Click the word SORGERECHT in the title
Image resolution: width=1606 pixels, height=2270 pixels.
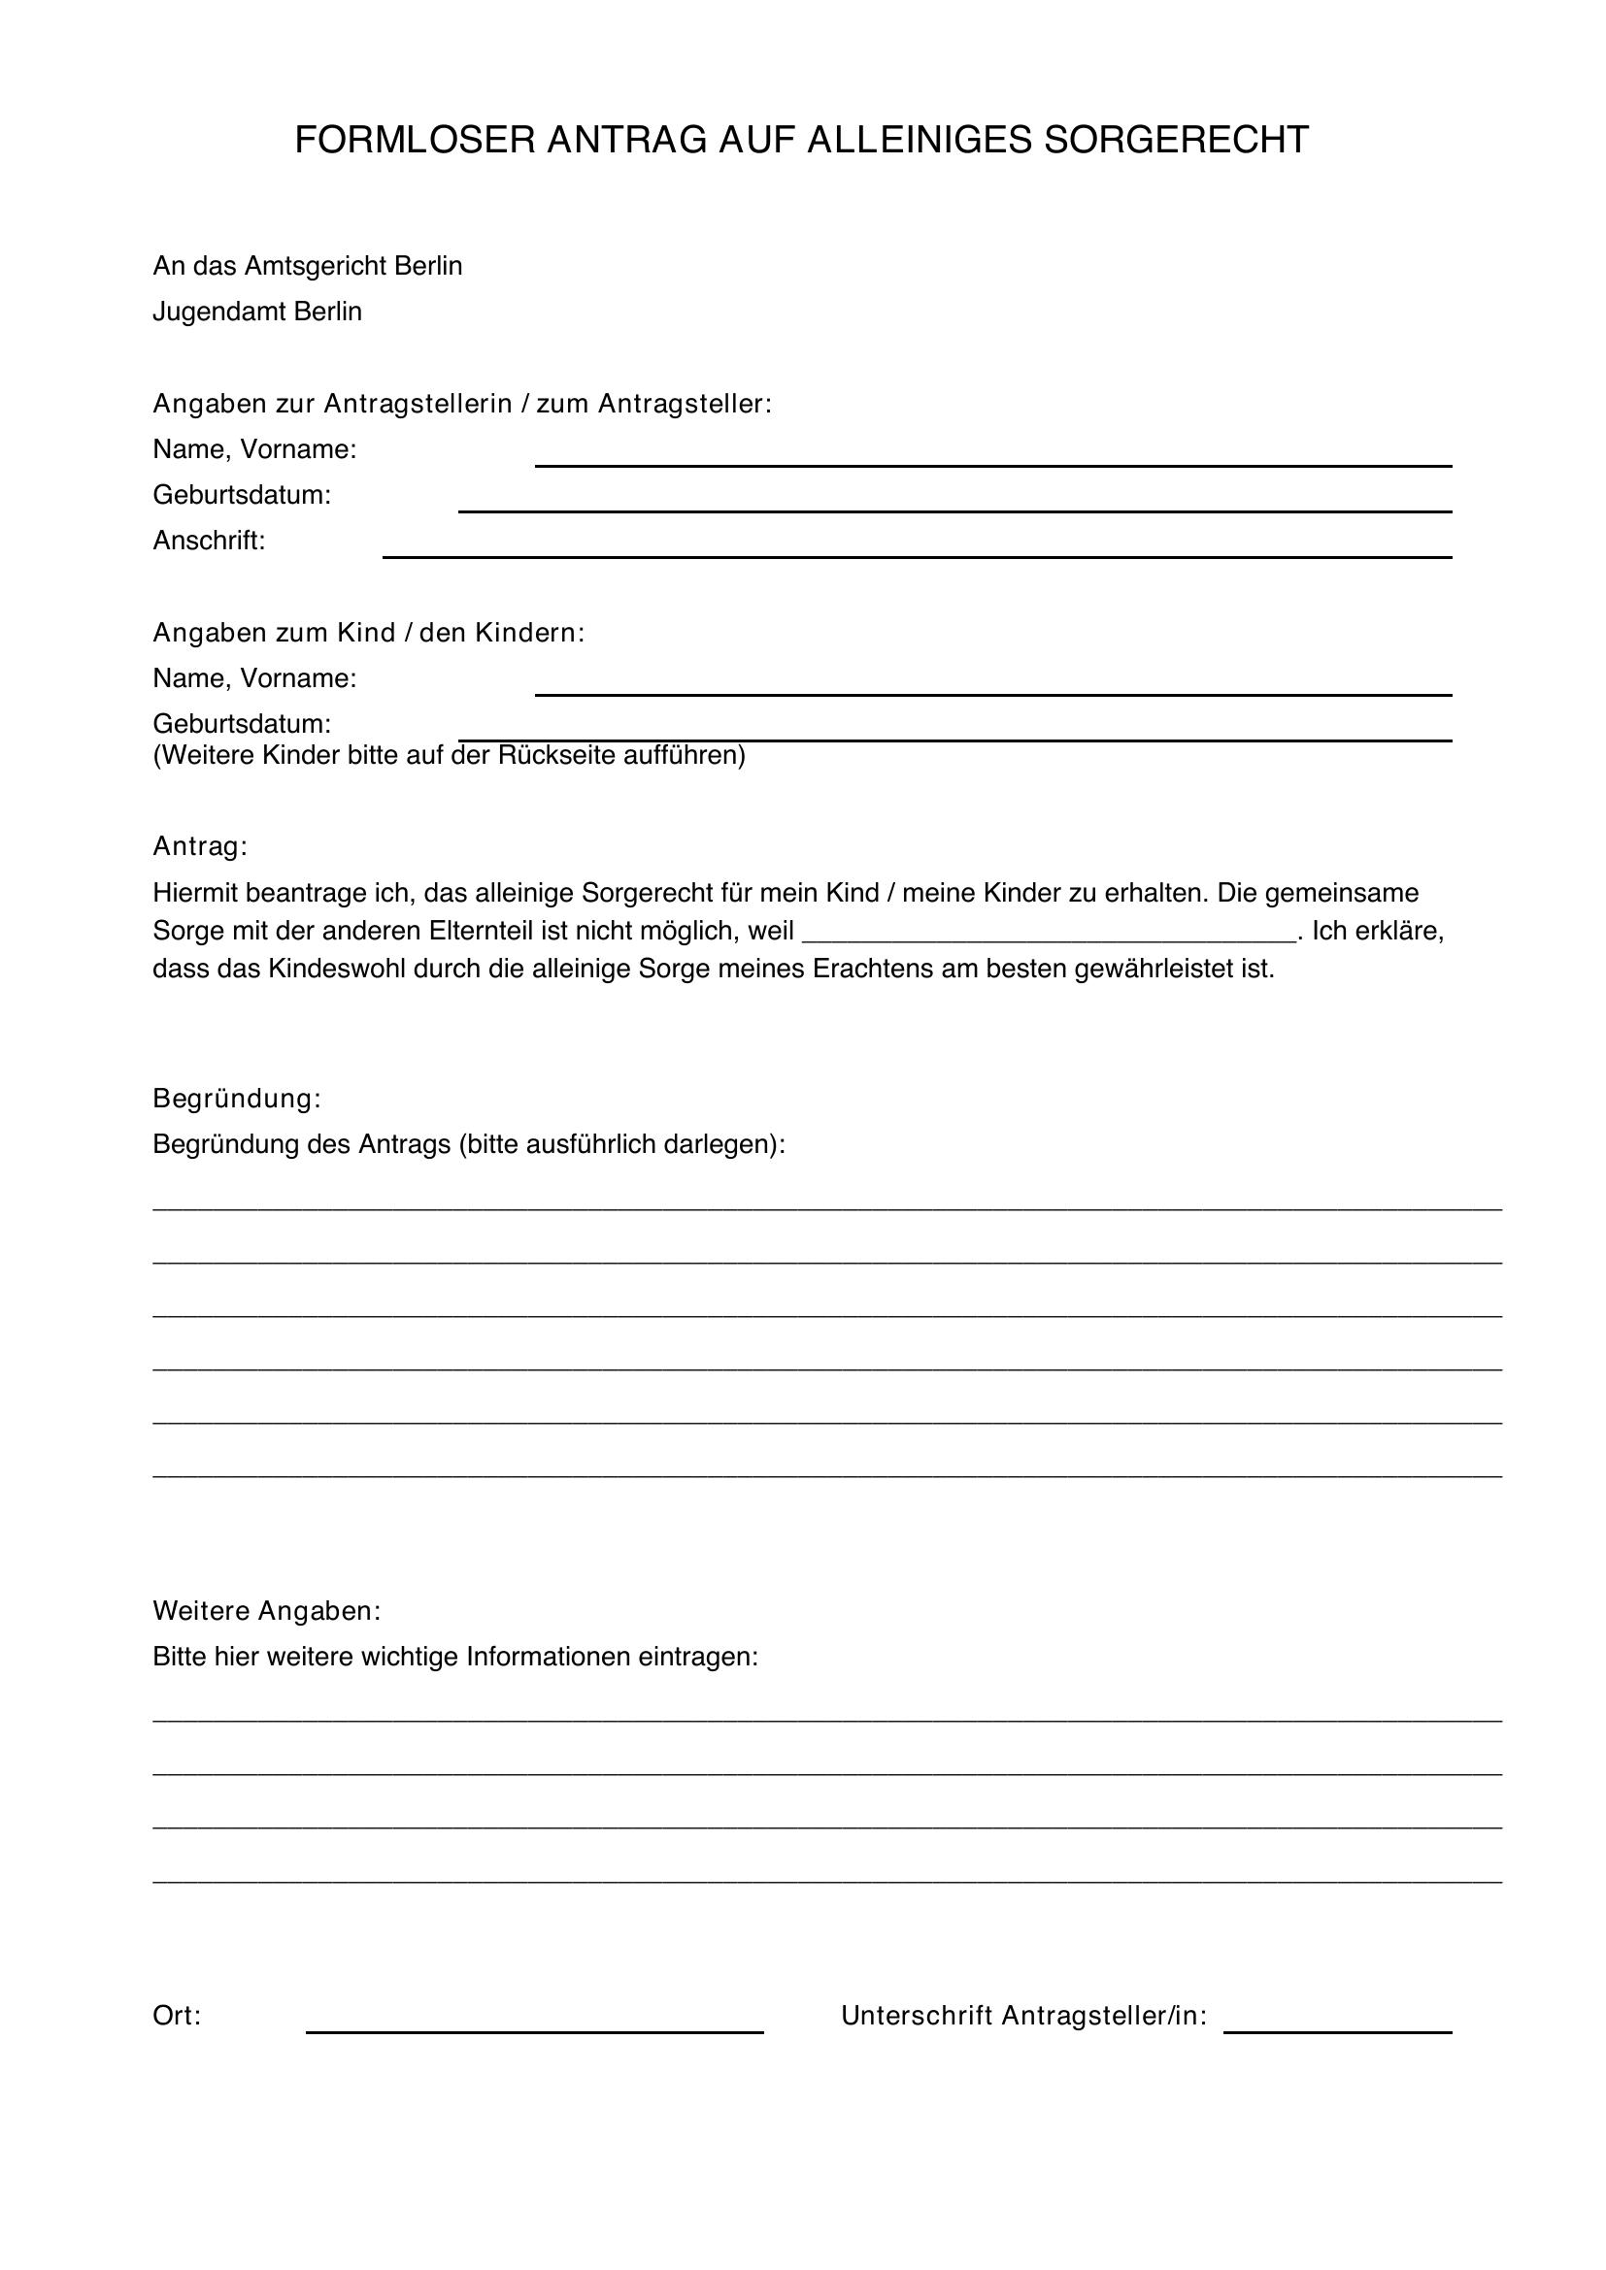(1176, 141)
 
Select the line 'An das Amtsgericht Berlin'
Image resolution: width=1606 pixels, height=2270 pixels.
(308, 266)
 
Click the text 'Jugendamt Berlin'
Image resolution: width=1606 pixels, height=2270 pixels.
(257, 312)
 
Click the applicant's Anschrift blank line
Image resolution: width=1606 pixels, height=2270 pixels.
(917, 553)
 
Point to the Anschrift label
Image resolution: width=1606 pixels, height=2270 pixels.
(209, 541)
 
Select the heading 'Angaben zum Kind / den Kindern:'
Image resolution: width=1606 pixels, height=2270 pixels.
(369, 633)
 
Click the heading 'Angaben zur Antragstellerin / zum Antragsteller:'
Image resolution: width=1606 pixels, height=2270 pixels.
(462, 404)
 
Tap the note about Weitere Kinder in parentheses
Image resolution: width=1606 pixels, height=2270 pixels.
(449, 755)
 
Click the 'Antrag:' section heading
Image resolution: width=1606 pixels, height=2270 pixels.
(200, 846)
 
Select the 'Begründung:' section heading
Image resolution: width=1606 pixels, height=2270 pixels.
(237, 1099)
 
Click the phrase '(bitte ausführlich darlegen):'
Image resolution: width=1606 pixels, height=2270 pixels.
(622, 1144)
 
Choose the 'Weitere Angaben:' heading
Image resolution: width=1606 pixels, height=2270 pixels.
(266, 1611)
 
